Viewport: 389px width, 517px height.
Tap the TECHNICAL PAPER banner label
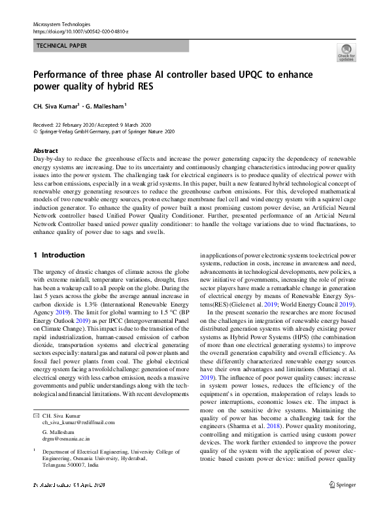tap(61, 46)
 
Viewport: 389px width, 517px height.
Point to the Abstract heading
tap(45, 150)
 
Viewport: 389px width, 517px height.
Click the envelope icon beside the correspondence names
tap(35, 416)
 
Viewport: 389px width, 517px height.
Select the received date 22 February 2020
tap(75, 125)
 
